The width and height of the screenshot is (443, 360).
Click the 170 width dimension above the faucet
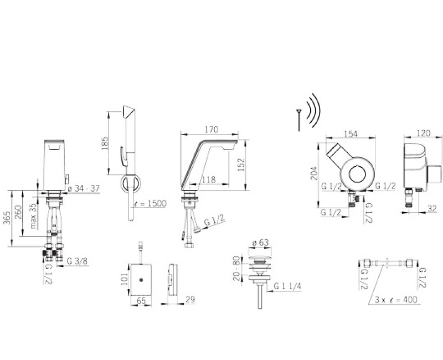[x=212, y=130]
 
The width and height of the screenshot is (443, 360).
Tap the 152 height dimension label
[x=241, y=164]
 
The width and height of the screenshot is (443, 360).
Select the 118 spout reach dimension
[x=209, y=179]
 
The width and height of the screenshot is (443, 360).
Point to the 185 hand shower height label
[x=105, y=144]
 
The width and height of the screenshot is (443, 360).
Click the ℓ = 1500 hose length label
[x=150, y=203]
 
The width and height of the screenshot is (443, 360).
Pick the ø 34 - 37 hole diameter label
[x=84, y=188]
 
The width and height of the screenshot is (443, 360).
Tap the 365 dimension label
[x=7, y=218]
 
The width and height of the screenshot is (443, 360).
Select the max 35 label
[x=33, y=216]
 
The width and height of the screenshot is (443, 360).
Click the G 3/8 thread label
[x=77, y=261]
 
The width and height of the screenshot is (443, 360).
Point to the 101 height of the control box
[x=124, y=279]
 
